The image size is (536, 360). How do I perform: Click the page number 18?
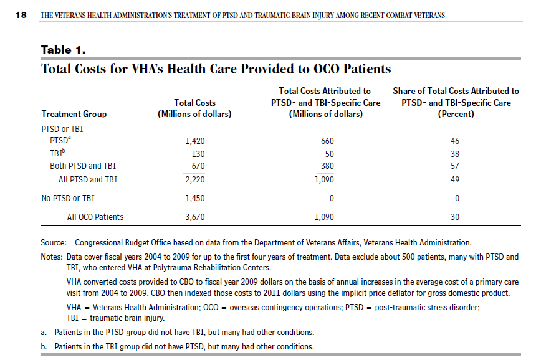[21, 15]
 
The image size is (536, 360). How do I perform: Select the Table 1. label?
[63, 50]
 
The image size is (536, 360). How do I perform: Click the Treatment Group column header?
[74, 114]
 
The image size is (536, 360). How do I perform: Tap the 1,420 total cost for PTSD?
[195, 141]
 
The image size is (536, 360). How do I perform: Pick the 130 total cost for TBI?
[198, 154]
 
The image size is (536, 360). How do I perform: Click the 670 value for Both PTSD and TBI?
[198, 166]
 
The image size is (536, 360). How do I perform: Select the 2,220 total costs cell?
[195, 179]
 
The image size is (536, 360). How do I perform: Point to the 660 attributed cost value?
[327, 141]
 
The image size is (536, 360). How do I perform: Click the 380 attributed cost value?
[327, 166]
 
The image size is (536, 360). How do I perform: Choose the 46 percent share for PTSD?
[455, 141]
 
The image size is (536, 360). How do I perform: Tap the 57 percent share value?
[455, 166]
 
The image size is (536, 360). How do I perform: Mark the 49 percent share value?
[455, 179]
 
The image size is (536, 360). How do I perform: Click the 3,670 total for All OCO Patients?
[195, 217]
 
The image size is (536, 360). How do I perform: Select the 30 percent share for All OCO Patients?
[455, 217]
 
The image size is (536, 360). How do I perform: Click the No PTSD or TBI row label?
[68, 199]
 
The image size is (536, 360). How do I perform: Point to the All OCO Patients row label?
[95, 217]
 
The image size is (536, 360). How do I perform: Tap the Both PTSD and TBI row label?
[83, 166]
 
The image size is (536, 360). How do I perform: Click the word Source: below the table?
[54, 243]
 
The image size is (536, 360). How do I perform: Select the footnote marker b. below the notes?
[44, 347]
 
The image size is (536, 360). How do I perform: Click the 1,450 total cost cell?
[195, 199]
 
